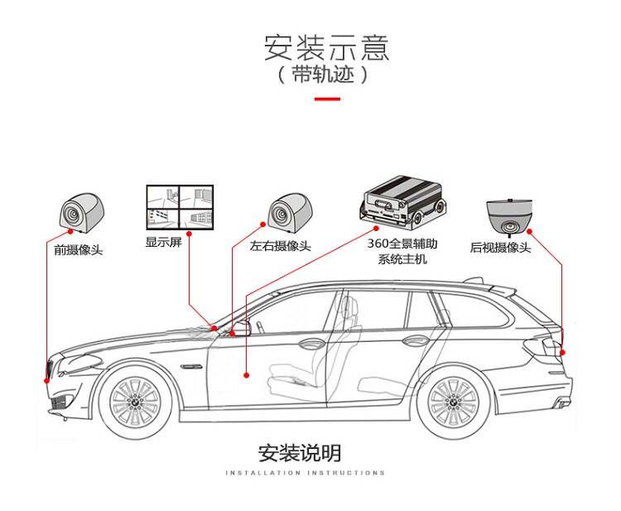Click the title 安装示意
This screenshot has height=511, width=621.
coord(326,47)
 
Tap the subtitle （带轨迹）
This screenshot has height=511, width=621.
coord(322,75)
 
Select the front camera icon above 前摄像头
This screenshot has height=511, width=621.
coord(79,210)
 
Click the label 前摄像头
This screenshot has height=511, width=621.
coord(79,249)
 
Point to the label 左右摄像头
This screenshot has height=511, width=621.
coord(281,246)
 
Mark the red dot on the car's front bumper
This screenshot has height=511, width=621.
coord(46,380)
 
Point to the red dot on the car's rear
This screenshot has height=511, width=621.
coord(562,353)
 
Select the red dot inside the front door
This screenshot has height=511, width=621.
coord(247,376)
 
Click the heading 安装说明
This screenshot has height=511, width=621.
coord(299,453)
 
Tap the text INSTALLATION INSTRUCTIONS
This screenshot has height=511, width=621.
coord(305,473)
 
